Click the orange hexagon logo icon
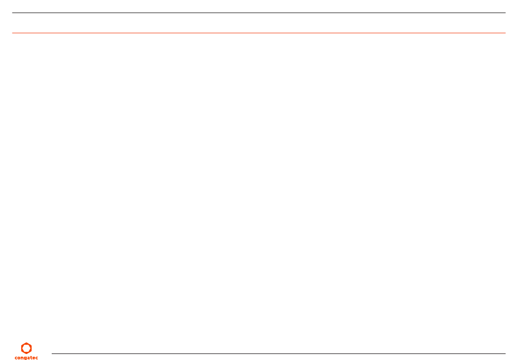[26, 348]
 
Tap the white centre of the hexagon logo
[26, 348]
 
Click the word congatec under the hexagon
[26, 357]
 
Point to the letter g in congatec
[25, 358]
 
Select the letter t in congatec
[31, 357]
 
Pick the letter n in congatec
[22, 357]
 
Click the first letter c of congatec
[16, 357]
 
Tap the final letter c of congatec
[37, 357]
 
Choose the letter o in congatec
[19, 357]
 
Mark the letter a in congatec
[28, 357]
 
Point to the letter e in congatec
[34, 357]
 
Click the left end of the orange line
[13, 33]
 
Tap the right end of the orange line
[505, 33]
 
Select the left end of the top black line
[13, 13]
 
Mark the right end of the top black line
[505, 13]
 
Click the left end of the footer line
[52, 353]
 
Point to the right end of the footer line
[505, 353]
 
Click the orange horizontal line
[259, 33]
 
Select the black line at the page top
[259, 13]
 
